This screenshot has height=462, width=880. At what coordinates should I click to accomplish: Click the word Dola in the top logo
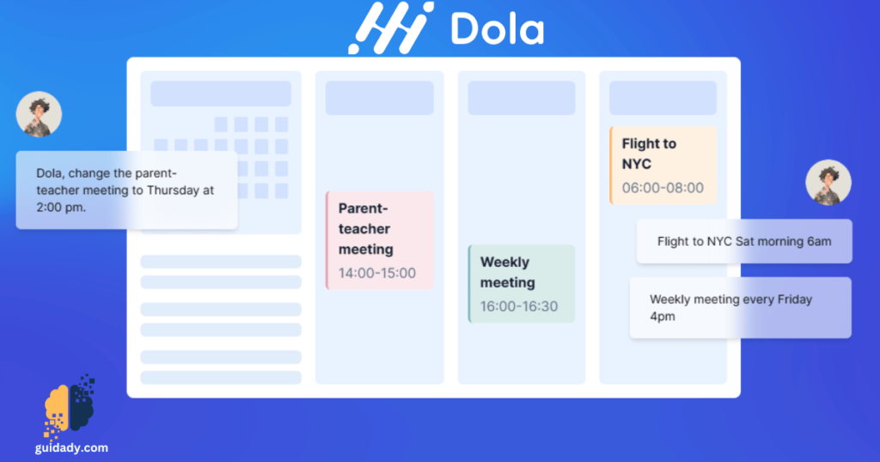coord(497,30)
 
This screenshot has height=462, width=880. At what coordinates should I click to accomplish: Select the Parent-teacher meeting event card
coord(380,240)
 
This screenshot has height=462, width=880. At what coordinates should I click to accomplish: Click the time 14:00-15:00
coord(376,273)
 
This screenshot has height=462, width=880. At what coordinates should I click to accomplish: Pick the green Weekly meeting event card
coord(521,283)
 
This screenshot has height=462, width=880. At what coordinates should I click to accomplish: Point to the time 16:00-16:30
coord(518,306)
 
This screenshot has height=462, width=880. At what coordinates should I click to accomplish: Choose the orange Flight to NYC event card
coord(663,165)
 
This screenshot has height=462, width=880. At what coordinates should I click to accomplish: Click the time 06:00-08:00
coord(663,187)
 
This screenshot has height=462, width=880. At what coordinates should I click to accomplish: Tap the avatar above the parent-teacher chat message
coord(39,113)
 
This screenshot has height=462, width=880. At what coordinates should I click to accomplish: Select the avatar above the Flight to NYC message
coord(828,183)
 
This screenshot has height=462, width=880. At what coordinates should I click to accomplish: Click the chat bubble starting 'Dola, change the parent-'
coord(126,190)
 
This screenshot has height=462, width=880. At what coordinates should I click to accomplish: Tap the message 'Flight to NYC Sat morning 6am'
coord(744,241)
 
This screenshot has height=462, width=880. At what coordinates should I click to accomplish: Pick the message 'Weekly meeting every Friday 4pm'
coord(740,307)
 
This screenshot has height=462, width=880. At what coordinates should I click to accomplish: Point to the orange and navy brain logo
coord(70,404)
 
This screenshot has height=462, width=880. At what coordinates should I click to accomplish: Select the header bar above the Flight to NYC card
coord(663,98)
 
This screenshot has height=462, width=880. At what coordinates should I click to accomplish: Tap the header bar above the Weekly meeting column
coord(521,98)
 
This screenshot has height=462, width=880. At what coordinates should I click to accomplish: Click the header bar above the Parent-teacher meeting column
coord(379,98)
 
